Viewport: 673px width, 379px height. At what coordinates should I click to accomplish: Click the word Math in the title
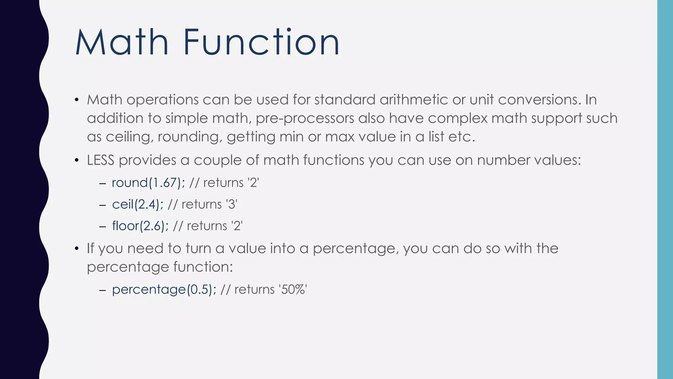(122, 42)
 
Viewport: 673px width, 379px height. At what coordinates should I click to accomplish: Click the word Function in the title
(261, 42)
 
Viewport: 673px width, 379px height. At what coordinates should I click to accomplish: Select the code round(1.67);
(148, 183)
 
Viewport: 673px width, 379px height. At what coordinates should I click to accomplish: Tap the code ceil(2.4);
(138, 204)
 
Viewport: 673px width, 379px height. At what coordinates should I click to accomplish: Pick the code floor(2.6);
(140, 226)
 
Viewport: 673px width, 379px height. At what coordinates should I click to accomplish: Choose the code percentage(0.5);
(164, 290)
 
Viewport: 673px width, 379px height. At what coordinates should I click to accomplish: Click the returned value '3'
(232, 204)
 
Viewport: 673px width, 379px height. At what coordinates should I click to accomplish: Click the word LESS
(101, 160)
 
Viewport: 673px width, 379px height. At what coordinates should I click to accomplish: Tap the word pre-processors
(305, 118)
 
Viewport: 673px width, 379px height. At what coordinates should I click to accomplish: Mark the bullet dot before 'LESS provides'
(77, 161)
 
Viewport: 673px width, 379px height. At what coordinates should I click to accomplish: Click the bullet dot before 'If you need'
(77, 249)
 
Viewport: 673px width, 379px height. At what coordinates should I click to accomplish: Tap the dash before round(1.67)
(102, 183)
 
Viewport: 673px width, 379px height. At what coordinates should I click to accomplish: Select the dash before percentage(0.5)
(102, 290)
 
